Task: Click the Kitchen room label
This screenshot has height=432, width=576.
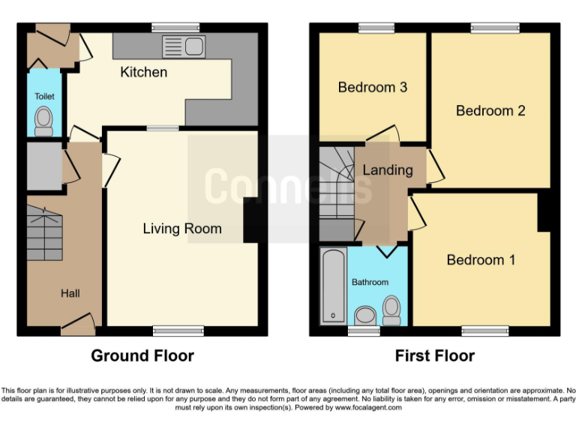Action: (143, 73)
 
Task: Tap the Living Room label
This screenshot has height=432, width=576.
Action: (182, 229)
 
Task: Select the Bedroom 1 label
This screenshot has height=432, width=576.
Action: (481, 260)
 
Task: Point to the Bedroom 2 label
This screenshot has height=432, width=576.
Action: (490, 111)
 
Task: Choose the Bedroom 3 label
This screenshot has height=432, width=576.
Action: (372, 88)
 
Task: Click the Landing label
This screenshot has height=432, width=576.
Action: (387, 170)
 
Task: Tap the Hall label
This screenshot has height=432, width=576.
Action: (70, 293)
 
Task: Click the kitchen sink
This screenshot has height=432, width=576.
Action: (181, 46)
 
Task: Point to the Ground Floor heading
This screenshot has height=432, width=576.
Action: (142, 355)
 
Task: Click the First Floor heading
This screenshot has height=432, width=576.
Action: (435, 355)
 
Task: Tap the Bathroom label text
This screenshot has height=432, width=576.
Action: (370, 283)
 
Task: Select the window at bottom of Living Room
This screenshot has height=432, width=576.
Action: (178, 330)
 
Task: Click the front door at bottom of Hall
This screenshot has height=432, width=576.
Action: (78, 324)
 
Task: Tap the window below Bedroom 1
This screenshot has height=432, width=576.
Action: (484, 330)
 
